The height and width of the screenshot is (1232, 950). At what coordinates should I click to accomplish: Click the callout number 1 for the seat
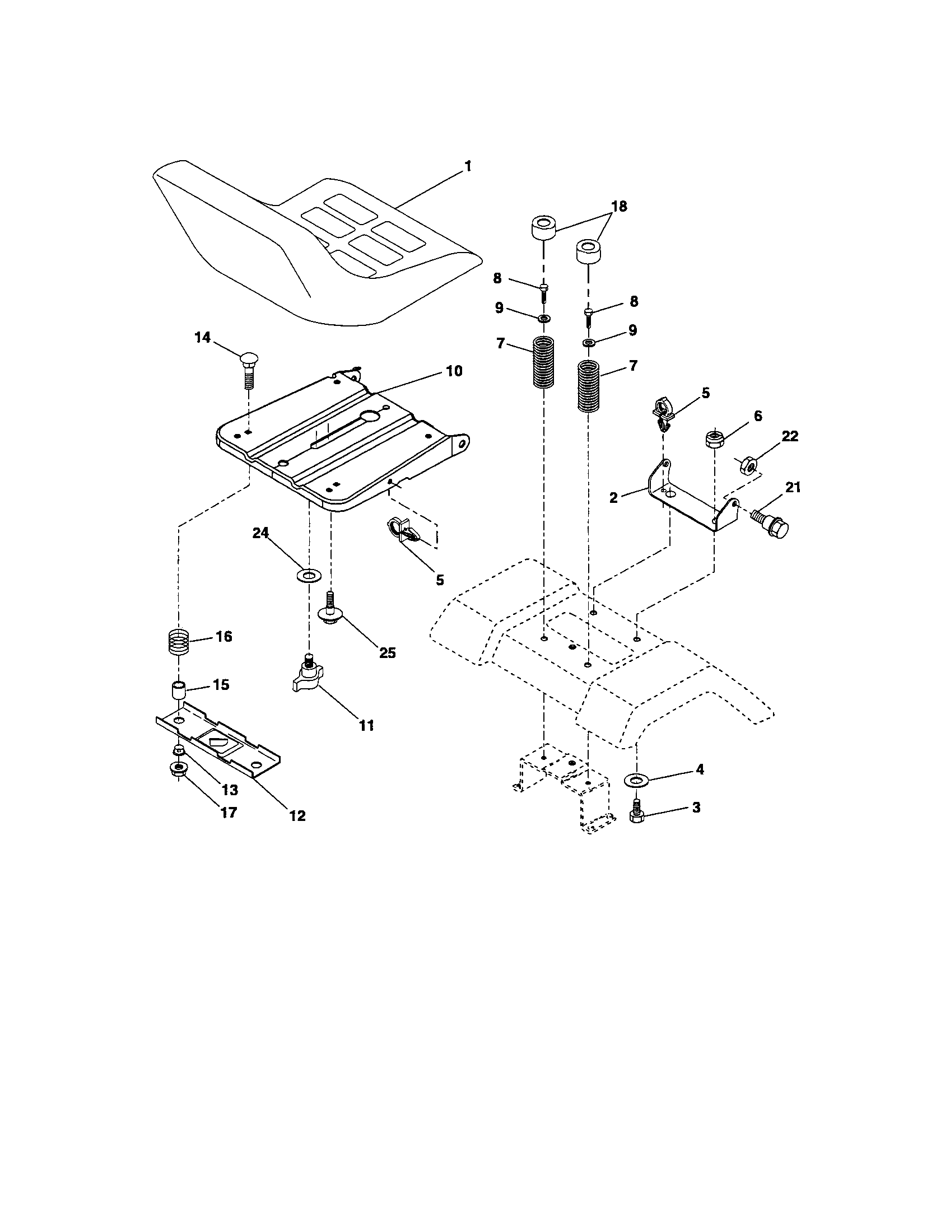(x=467, y=166)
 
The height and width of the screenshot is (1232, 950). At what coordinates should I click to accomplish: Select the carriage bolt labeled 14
(x=248, y=370)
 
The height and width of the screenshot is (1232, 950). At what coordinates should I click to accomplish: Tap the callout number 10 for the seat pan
(x=454, y=371)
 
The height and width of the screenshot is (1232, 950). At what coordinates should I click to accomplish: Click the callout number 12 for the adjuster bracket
(x=297, y=815)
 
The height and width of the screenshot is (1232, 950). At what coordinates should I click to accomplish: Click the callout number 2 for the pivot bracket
(x=613, y=497)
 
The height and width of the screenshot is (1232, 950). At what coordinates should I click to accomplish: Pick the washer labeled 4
(x=636, y=780)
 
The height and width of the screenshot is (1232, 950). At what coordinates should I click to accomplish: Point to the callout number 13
(x=230, y=790)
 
